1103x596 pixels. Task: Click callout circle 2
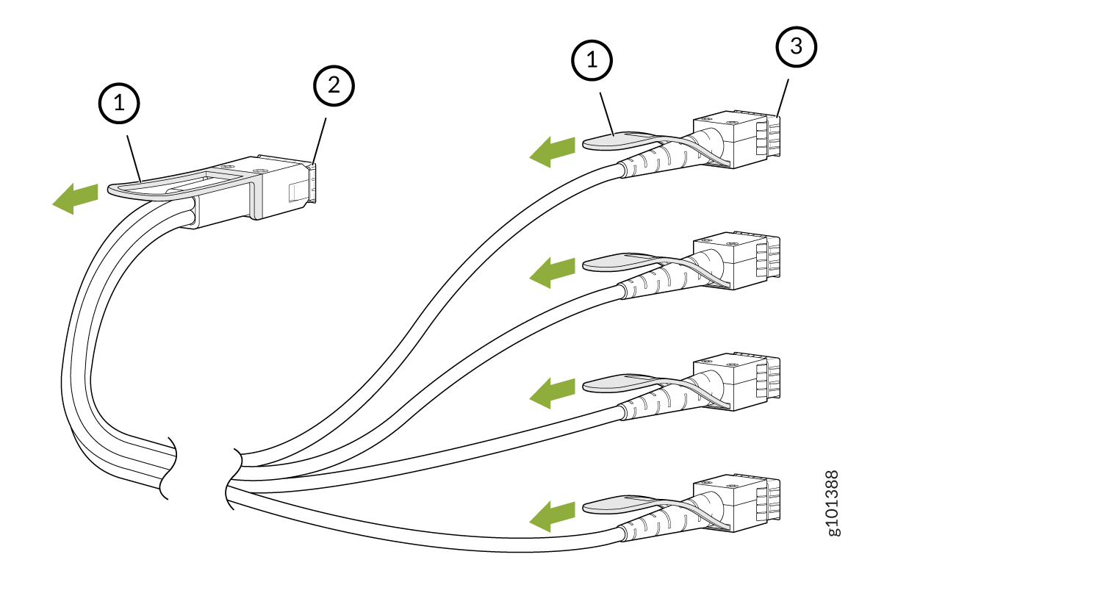334,86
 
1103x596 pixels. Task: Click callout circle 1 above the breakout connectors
592,62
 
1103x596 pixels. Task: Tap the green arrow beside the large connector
75,198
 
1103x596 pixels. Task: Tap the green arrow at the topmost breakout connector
553,151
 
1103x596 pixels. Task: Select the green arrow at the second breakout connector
553,272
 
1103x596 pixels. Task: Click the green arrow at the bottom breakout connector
553,514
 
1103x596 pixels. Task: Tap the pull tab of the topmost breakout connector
611,140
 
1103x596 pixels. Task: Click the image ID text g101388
833,503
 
